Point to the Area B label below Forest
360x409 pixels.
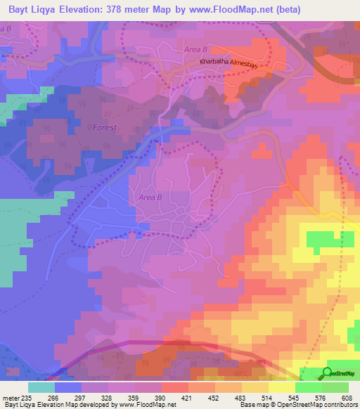click(x=150, y=197)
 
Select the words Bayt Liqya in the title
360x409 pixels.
click(x=31, y=10)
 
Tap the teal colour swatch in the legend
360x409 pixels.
click(x=41, y=387)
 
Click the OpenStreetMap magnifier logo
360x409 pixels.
click(x=327, y=373)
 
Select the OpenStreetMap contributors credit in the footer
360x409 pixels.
click(x=323, y=405)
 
